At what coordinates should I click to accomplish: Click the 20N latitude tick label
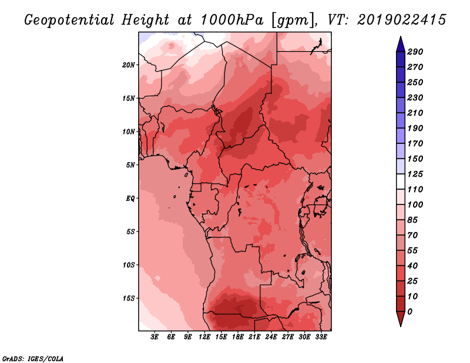coord(129,65)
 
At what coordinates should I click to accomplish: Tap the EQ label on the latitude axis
coord(130,199)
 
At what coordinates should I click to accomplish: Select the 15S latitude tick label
coord(129,298)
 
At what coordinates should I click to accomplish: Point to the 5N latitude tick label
coord(130,165)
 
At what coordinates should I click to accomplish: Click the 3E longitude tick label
coord(155,337)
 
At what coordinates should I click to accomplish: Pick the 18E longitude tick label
coord(238,337)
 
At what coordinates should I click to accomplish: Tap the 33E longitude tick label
coord(321,337)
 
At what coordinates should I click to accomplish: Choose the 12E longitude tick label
coord(204,337)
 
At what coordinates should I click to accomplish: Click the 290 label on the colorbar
coord(415,52)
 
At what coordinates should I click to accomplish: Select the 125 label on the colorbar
coord(415,174)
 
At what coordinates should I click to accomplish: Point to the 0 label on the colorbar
coord(409,312)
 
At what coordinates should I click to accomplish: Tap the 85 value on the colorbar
coord(413,220)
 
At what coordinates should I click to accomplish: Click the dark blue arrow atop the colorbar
coord(401,45)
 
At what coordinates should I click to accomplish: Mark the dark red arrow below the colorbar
coord(401,318)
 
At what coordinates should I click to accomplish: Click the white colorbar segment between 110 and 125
coord(401,181)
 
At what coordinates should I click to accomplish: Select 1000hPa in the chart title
coord(231,20)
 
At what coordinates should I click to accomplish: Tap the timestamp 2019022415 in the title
coord(402,20)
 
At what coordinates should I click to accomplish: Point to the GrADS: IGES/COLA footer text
coord(33,358)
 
